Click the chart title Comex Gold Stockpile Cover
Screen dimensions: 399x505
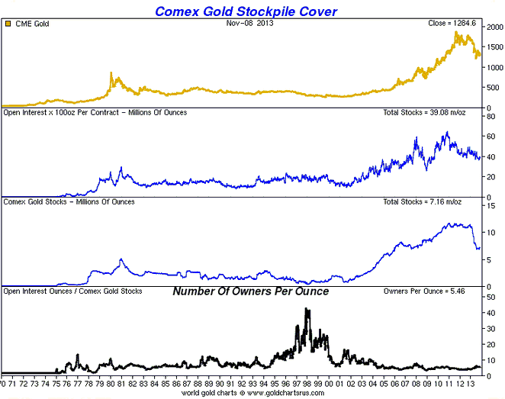tap(246, 11)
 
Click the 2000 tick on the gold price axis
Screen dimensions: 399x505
tap(494, 27)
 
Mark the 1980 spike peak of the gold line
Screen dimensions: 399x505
tap(111, 73)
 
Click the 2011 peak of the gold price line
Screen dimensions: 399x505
tap(455, 34)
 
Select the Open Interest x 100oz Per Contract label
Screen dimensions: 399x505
tap(95, 113)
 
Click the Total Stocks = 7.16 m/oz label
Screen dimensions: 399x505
tap(433, 202)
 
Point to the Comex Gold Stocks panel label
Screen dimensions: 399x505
tap(69, 202)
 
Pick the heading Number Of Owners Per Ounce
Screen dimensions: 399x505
tap(250, 291)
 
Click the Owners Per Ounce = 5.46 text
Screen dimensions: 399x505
tap(440, 291)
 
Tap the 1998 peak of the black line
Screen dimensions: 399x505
tap(307, 309)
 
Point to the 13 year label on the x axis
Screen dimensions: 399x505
tap(477, 385)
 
